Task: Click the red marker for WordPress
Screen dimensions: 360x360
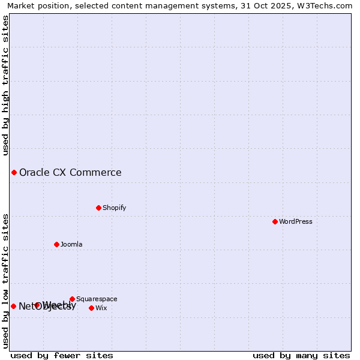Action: pos(275,221)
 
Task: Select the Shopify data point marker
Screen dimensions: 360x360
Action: pos(98,208)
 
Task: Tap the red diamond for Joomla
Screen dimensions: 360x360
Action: pos(56,244)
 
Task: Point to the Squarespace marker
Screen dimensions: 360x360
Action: pos(72,299)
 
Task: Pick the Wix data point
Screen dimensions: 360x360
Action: pos(91,308)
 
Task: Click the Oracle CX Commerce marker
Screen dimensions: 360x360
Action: pos(14,173)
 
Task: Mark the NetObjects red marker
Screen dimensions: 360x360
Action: pos(13,306)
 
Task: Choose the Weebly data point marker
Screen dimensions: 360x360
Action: pos(37,305)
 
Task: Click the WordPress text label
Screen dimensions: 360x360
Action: pos(296,221)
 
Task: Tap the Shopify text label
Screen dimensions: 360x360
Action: pos(114,208)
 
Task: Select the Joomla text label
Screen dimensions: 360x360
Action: pos(71,244)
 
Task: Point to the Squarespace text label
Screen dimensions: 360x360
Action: pos(97,299)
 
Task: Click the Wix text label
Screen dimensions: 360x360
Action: pos(101,308)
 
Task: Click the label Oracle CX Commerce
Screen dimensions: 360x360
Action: pos(70,173)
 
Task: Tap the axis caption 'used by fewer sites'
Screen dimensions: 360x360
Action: pos(62,355)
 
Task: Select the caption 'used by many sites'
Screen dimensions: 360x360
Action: pos(301,355)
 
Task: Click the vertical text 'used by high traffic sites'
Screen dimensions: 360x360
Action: pos(5,85)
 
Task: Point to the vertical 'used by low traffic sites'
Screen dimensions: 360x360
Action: pos(5,281)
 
